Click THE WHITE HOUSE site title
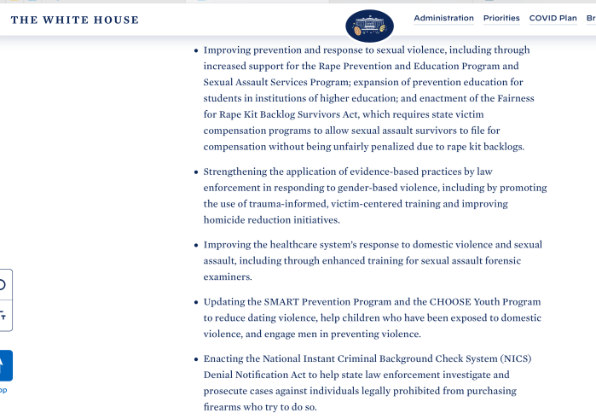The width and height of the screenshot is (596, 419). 74,20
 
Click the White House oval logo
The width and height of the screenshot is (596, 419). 369,26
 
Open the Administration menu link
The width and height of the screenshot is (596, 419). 443,18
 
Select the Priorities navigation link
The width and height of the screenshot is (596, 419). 501,18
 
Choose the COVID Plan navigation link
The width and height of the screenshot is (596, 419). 553,18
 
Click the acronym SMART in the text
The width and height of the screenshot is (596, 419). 281,302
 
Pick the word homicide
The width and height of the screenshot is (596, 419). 223,220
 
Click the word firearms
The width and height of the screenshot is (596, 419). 223,407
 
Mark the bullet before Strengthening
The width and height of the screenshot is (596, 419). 197,172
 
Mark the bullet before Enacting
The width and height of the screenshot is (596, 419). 197,358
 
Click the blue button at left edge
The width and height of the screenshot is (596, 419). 4,365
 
